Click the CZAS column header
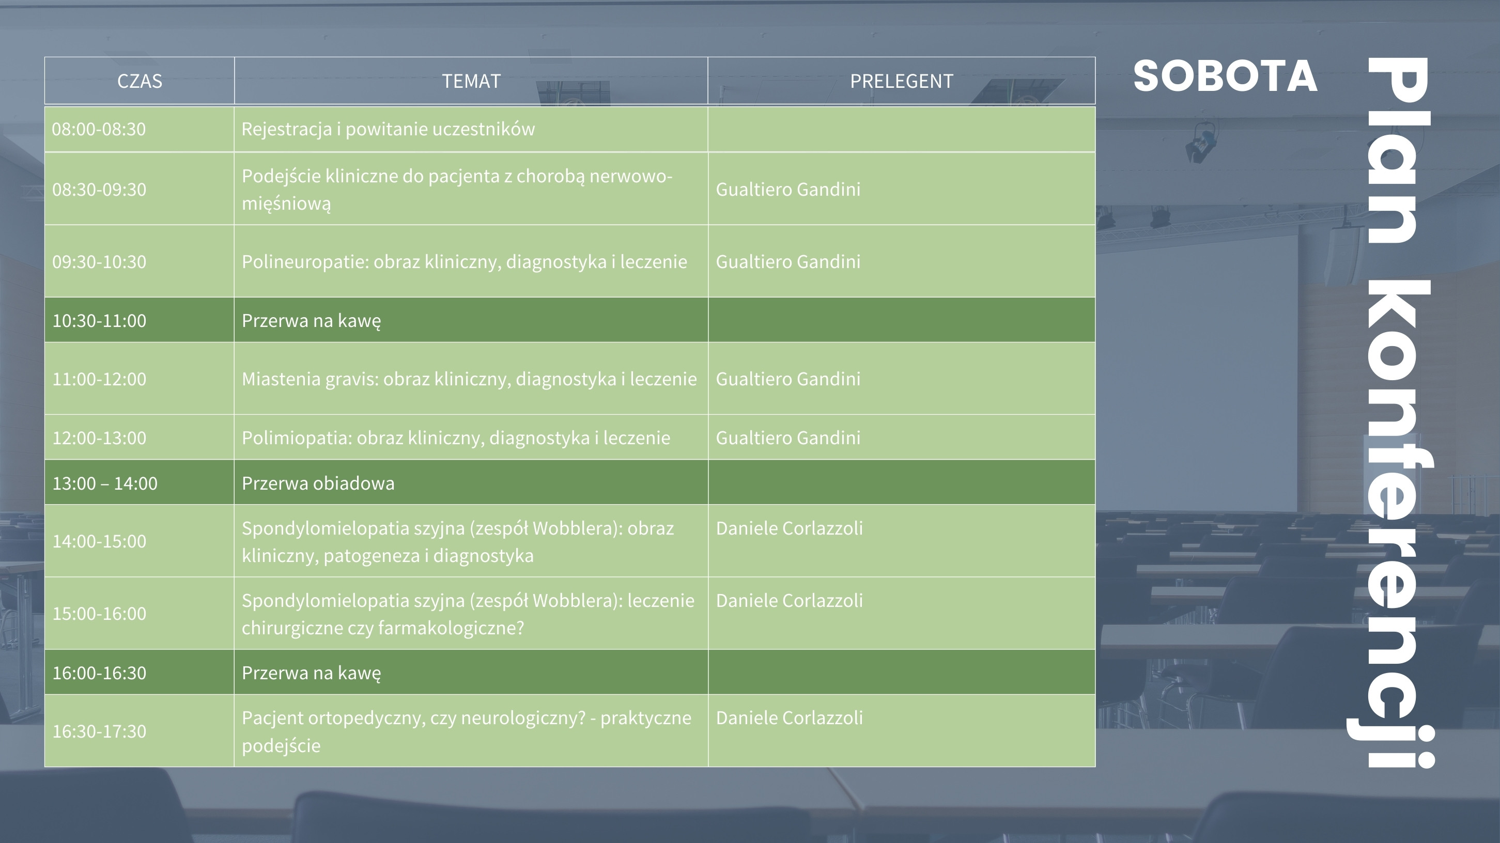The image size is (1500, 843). pos(139,81)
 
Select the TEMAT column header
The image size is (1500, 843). pos(471,81)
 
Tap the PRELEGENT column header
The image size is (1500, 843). pos(902,81)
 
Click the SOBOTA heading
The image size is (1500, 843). pos(1225,76)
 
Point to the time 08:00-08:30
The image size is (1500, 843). pos(99,129)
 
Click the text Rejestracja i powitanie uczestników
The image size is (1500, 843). pos(388,129)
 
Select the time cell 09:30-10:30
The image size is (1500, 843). pos(99,261)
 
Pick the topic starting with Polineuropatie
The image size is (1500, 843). pos(464,261)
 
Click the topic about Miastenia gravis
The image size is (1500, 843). pos(469,379)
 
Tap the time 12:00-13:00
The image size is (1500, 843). pos(99,438)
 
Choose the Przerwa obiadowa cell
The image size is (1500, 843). pos(318,482)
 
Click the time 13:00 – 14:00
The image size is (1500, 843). pos(105,483)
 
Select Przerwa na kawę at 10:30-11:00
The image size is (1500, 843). pos(312,320)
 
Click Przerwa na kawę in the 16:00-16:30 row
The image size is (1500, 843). pos(312,673)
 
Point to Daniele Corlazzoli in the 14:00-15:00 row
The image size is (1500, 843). pos(789,528)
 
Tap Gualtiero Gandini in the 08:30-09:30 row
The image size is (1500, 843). pos(788,189)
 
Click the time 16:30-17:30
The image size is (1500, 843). pos(99,731)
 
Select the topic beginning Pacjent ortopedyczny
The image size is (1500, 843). pos(467,731)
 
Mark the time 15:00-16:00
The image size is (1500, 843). pos(99,614)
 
